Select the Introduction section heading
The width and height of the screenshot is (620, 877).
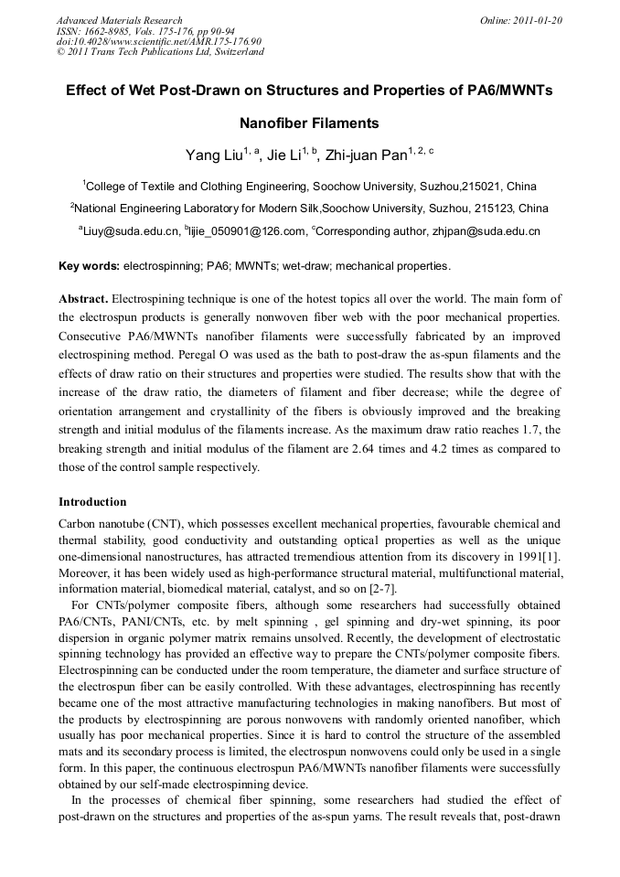[x=92, y=502]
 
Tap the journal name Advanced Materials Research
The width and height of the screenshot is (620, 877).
[x=120, y=20]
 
